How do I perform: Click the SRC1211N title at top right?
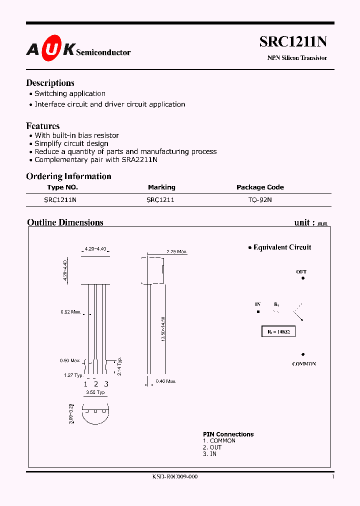293,42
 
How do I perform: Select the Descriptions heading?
50,83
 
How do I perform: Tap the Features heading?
42,126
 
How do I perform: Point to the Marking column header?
161,187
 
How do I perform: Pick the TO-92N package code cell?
260,199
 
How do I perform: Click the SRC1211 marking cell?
160,199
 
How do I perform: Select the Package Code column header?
260,187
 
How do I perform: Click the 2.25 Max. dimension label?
175,252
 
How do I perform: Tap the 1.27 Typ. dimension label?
73,375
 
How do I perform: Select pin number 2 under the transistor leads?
95,384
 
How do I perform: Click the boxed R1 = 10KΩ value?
278,331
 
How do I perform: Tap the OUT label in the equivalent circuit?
301,272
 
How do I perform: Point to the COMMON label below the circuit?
304,364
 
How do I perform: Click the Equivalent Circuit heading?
282,247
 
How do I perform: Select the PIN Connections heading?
228,434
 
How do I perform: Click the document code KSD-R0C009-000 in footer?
175,477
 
